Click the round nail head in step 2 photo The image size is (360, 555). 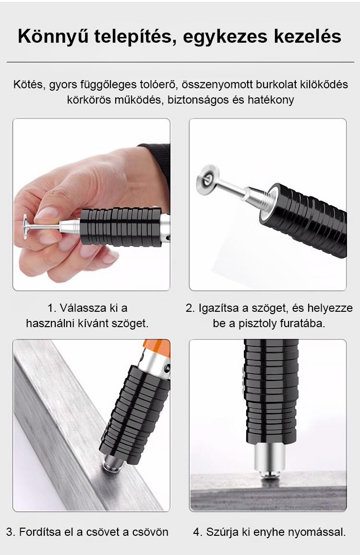(x=208, y=180)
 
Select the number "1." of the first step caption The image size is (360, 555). (x=52, y=308)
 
